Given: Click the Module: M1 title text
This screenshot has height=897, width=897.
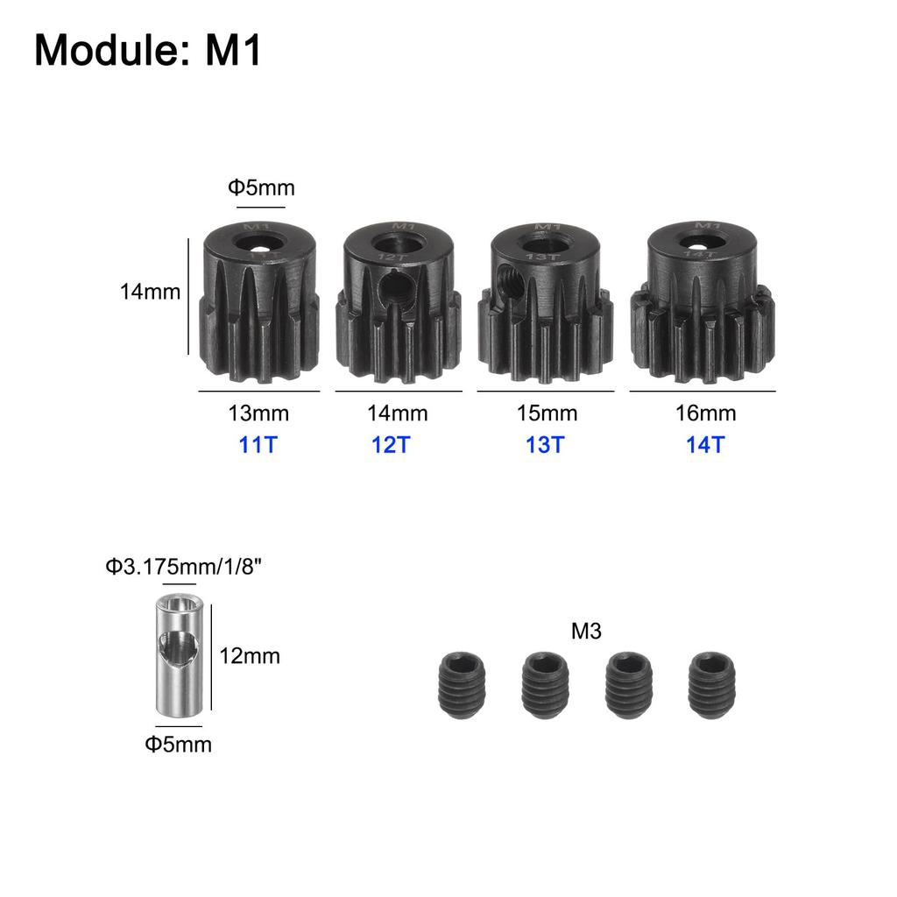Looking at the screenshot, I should [x=148, y=52].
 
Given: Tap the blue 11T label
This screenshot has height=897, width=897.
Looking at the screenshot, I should [x=258, y=444].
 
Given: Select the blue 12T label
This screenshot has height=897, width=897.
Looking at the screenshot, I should [x=391, y=444].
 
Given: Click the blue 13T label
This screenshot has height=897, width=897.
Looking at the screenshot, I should [x=544, y=444].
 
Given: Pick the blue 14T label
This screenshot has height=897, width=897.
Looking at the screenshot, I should [x=705, y=444].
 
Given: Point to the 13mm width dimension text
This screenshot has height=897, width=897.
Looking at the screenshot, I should [x=258, y=413].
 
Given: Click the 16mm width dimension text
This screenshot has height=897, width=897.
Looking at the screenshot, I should [x=705, y=413].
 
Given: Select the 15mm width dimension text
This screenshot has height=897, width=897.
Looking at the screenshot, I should [x=546, y=413].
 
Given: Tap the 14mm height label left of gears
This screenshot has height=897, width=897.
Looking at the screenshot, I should [x=150, y=292].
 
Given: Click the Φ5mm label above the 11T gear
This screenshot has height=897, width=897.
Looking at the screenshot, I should [x=261, y=187].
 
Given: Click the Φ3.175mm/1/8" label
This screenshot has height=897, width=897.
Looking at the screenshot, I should [x=184, y=567].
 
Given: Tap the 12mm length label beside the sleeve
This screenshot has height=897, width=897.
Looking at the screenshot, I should [x=251, y=655].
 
